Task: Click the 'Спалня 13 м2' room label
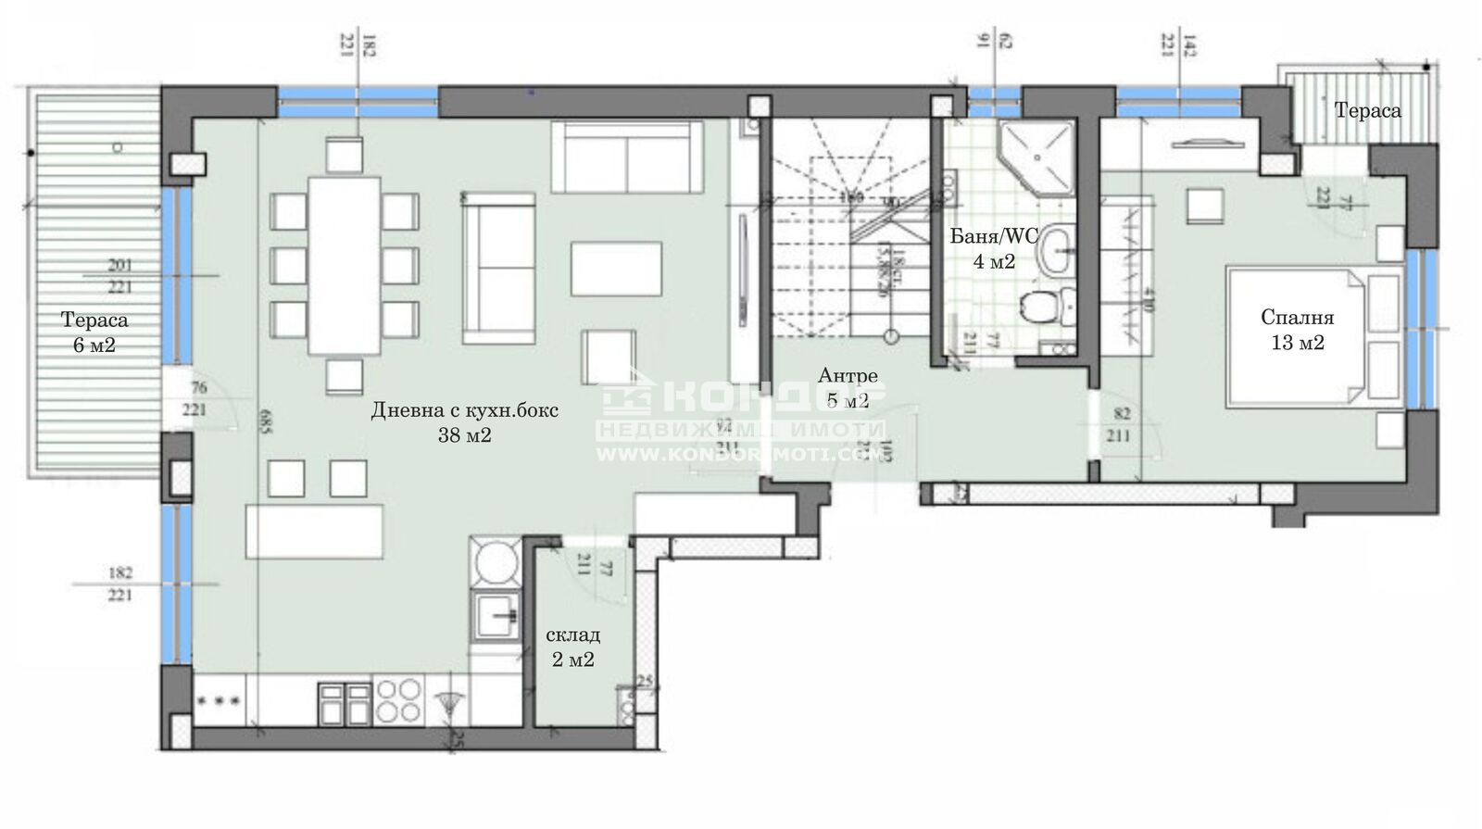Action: pyautogui.click(x=1297, y=330)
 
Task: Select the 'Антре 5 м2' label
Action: pyautogui.click(x=847, y=387)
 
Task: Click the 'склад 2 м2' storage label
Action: pyautogui.click(x=571, y=647)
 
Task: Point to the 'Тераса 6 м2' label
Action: pyautogui.click(x=94, y=332)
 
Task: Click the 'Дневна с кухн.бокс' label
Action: pyautogui.click(x=465, y=410)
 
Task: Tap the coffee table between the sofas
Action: pyautogui.click(x=616, y=269)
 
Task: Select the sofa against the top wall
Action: pyautogui.click(x=626, y=156)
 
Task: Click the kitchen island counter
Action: pyautogui.click(x=314, y=531)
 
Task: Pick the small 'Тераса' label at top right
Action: pyautogui.click(x=1367, y=110)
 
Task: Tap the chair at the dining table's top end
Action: pyautogui.click(x=345, y=154)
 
